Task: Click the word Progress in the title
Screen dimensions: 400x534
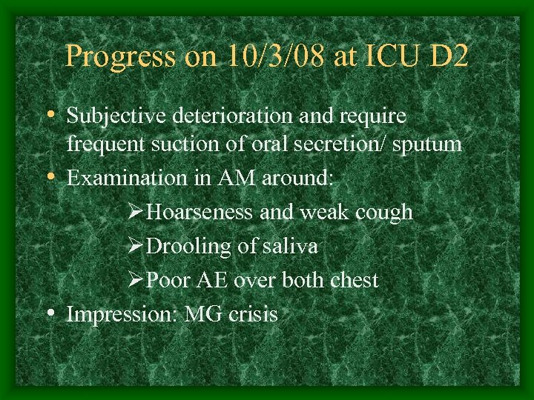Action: pos(120,57)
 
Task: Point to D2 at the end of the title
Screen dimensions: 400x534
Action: pos(449,56)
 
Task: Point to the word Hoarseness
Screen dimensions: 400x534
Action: pos(201,212)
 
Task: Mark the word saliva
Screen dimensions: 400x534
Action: pos(288,246)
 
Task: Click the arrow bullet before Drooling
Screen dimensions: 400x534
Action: pos(135,246)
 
